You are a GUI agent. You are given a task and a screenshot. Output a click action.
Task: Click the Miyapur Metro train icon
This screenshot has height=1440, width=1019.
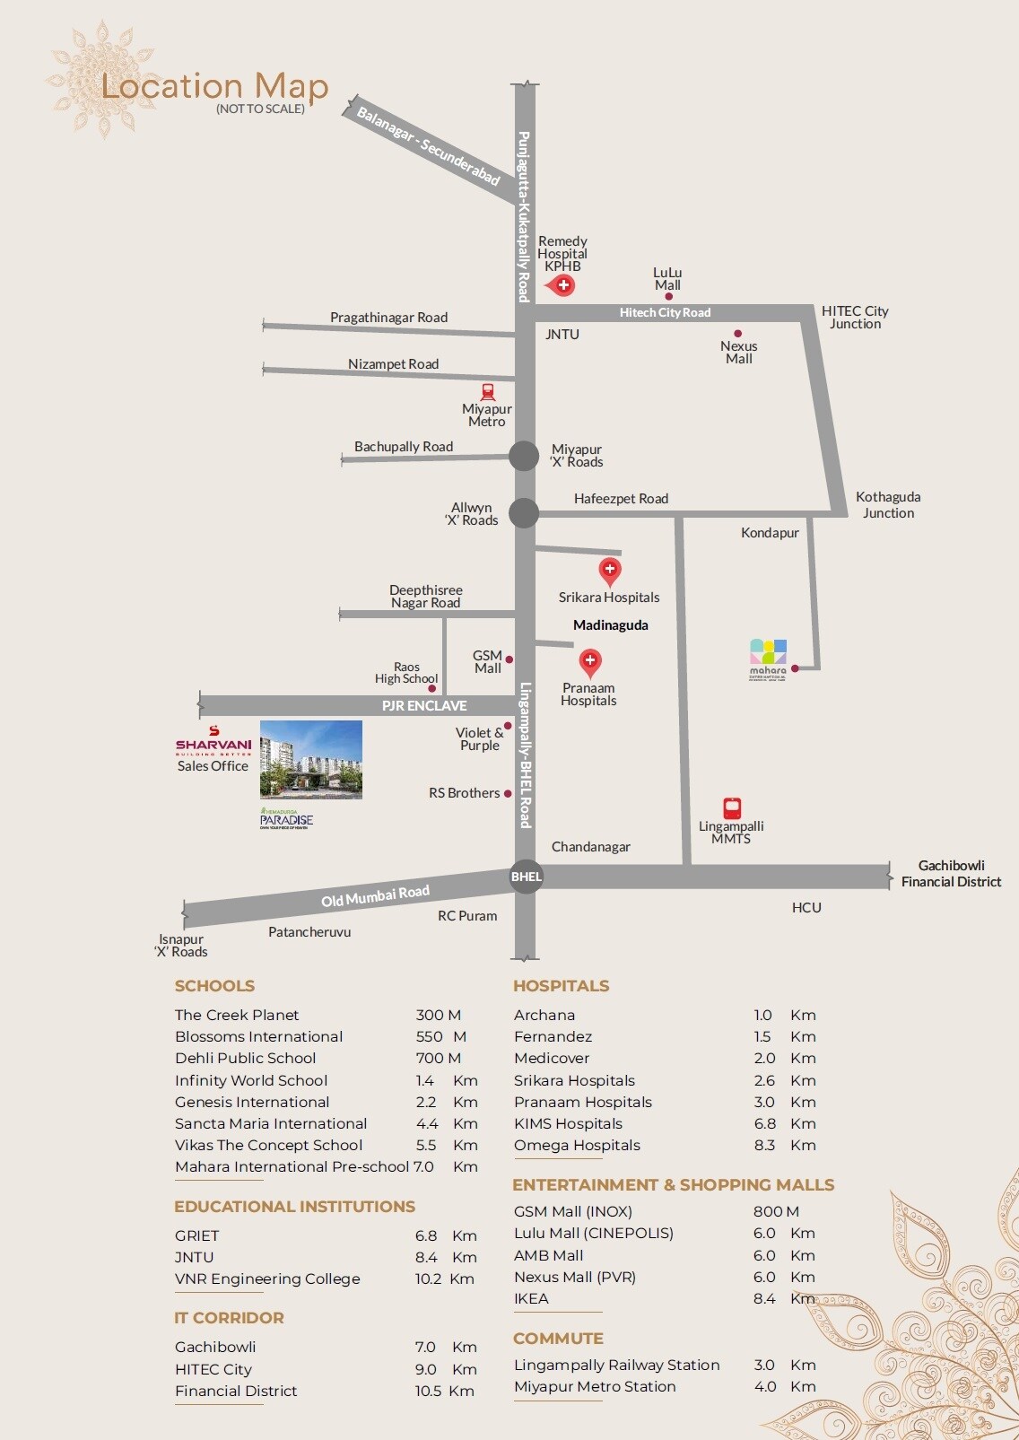coord(488,392)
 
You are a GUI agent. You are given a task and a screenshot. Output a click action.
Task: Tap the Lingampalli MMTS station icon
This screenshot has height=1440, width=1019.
coord(732,808)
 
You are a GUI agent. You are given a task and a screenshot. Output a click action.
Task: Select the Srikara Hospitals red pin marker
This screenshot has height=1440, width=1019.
coord(610,570)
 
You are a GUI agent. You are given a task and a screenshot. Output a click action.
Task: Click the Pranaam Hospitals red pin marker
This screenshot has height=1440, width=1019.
coord(589,662)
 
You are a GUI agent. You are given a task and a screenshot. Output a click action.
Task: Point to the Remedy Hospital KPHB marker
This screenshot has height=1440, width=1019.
coord(562,285)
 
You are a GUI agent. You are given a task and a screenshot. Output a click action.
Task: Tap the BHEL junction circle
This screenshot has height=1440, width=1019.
coord(526,877)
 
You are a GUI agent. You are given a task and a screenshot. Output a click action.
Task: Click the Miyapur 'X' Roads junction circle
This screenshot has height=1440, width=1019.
coord(524,456)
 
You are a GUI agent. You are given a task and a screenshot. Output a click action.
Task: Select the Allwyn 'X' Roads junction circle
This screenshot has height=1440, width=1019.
coord(524,513)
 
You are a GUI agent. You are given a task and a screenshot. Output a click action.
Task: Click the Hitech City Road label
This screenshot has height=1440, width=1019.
coord(665,312)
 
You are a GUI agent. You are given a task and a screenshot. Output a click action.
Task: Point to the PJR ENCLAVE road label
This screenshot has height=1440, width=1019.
coord(424,705)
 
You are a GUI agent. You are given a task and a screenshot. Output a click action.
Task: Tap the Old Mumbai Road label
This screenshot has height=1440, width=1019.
coord(375,895)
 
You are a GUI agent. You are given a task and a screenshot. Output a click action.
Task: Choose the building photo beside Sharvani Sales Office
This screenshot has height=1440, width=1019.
coord(311,759)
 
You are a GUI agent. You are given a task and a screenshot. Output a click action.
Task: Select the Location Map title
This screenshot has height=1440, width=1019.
coord(215,87)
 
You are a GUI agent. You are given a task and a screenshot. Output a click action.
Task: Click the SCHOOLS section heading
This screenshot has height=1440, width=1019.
coord(214,986)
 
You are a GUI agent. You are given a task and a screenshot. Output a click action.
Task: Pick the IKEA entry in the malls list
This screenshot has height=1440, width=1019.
coord(531,1298)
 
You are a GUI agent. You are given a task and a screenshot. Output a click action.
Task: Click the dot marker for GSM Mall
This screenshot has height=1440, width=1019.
coord(509,659)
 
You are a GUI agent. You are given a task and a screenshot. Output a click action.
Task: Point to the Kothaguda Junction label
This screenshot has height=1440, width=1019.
coord(888,504)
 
